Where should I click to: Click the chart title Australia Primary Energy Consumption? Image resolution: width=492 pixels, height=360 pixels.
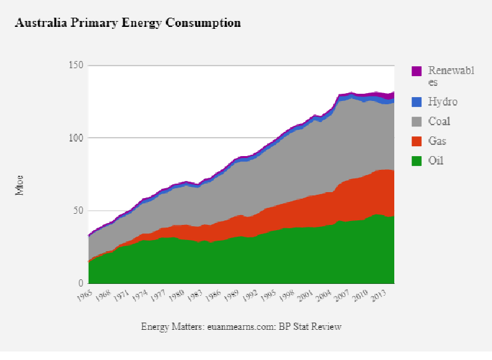[x=128, y=23]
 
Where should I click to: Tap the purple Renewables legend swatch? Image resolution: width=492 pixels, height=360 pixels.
[x=417, y=71]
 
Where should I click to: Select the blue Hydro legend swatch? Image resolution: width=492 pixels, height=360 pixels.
[x=417, y=102]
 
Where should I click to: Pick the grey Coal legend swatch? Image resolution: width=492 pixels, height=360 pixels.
[x=417, y=121]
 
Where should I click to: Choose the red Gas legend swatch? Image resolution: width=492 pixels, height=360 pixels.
[x=417, y=141]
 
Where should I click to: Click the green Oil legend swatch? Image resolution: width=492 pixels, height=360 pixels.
[x=417, y=160]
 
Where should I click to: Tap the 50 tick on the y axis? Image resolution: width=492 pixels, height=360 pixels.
[x=78, y=211]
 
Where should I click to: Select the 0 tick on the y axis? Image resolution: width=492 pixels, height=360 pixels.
[x=80, y=284]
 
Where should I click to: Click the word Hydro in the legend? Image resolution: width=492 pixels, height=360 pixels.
[x=443, y=102]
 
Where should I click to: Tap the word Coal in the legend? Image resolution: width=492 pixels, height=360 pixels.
[x=440, y=121]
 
